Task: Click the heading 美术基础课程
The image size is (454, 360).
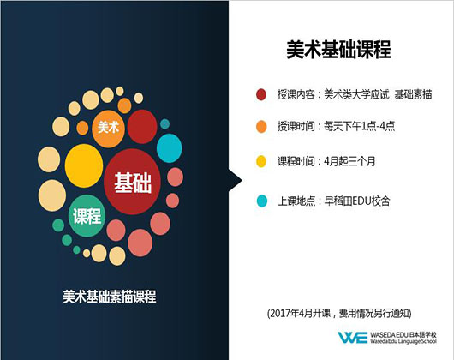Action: (338, 50)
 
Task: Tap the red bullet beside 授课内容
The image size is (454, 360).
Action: (261, 94)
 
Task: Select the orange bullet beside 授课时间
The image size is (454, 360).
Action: (261, 127)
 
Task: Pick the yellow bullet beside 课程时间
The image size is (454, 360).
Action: (261, 161)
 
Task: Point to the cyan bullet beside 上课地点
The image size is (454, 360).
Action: (262, 201)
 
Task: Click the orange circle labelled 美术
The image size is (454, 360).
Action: (108, 129)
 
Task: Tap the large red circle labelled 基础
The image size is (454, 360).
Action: (132, 182)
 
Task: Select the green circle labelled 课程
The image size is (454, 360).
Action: (87, 216)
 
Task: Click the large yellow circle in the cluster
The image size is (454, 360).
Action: (84, 165)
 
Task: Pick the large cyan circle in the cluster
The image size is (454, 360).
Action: (170, 148)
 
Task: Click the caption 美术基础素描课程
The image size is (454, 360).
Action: (110, 297)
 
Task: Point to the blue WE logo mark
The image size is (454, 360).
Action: (353, 338)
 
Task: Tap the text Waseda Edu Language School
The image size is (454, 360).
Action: (403, 341)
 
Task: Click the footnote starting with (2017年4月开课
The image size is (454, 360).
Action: (339, 313)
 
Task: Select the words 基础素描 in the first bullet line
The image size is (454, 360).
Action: (413, 94)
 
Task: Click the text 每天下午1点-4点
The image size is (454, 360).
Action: (359, 126)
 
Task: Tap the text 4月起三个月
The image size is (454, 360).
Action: (349, 161)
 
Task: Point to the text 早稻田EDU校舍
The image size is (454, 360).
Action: (357, 201)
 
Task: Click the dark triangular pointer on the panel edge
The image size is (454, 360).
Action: (236, 180)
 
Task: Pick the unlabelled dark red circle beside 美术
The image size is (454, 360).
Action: (142, 127)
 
